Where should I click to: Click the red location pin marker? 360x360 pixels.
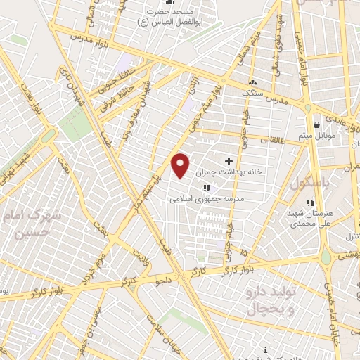pyautogui.click(x=181, y=165)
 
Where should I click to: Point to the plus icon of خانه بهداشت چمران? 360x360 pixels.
pyautogui.click(x=228, y=162)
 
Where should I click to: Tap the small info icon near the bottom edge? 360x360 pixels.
pyautogui.click(x=264, y=349)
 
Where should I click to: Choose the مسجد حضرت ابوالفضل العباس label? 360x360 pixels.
pyautogui.click(x=179, y=18)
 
